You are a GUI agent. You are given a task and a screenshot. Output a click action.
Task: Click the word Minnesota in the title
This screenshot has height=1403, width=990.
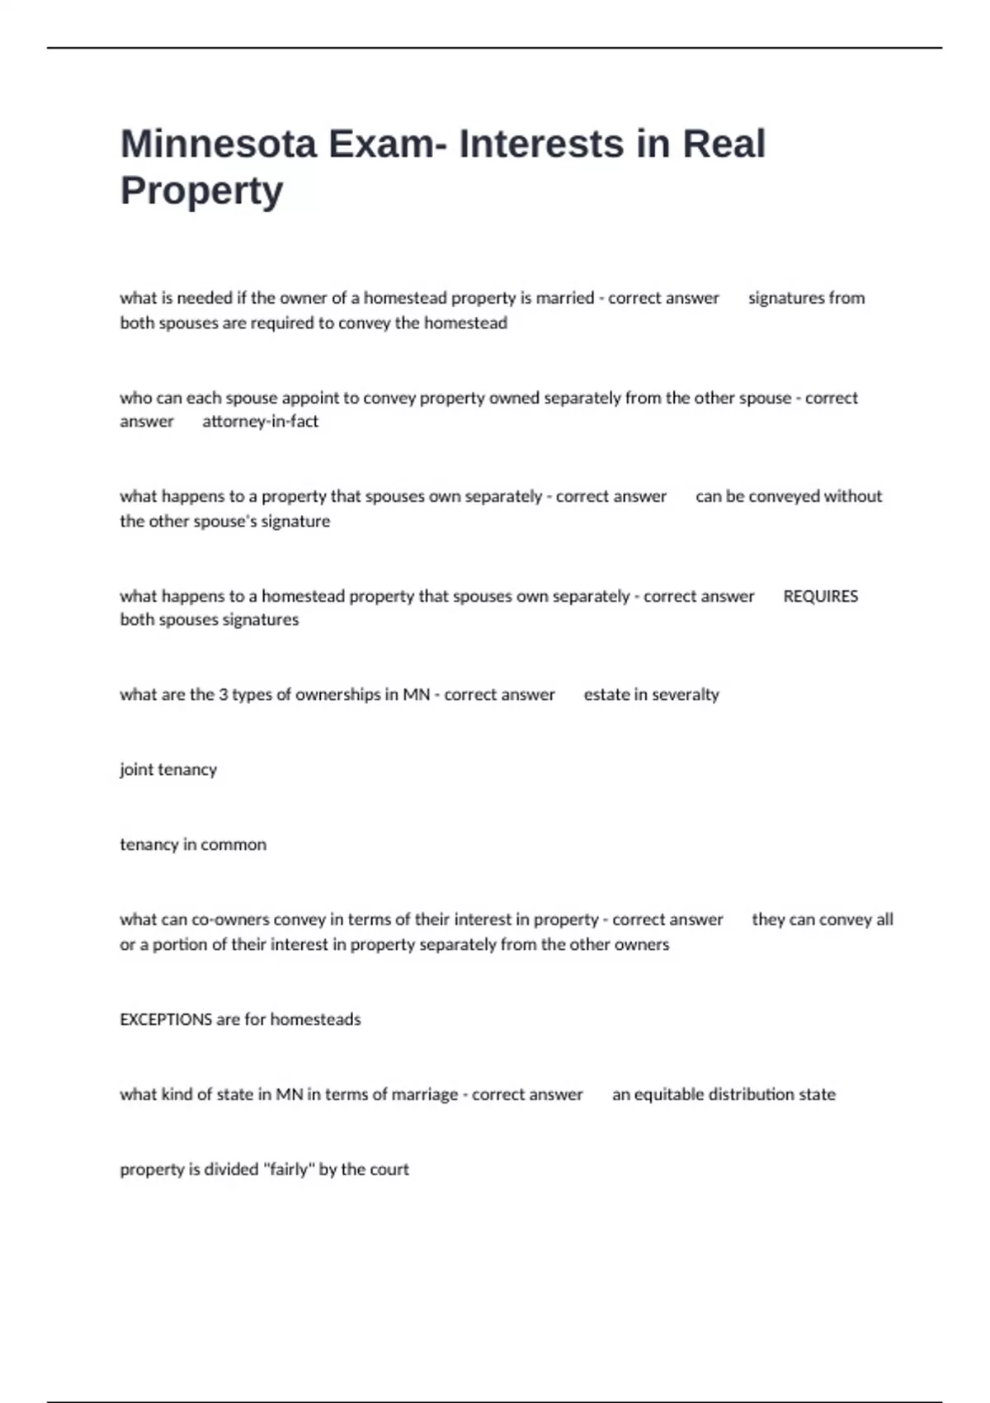click(x=219, y=144)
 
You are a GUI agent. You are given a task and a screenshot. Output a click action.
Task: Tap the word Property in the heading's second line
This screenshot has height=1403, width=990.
click(x=202, y=191)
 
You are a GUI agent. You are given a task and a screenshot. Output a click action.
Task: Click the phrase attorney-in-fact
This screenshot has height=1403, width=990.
click(x=260, y=422)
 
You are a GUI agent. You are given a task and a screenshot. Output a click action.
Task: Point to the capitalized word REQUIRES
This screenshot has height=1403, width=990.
click(x=820, y=596)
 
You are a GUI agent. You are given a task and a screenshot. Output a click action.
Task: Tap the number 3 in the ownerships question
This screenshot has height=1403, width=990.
click(x=223, y=695)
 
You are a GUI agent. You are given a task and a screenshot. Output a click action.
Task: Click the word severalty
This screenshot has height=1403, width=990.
click(x=686, y=695)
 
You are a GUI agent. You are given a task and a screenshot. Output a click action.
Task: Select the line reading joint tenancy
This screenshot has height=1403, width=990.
click(x=168, y=770)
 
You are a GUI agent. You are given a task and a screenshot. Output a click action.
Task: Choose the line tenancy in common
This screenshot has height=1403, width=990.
click(x=193, y=845)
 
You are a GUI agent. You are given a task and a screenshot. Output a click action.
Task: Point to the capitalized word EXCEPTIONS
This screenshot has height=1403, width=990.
click(x=166, y=1019)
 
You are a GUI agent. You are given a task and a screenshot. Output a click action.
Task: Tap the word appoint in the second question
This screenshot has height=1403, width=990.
click(x=311, y=398)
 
